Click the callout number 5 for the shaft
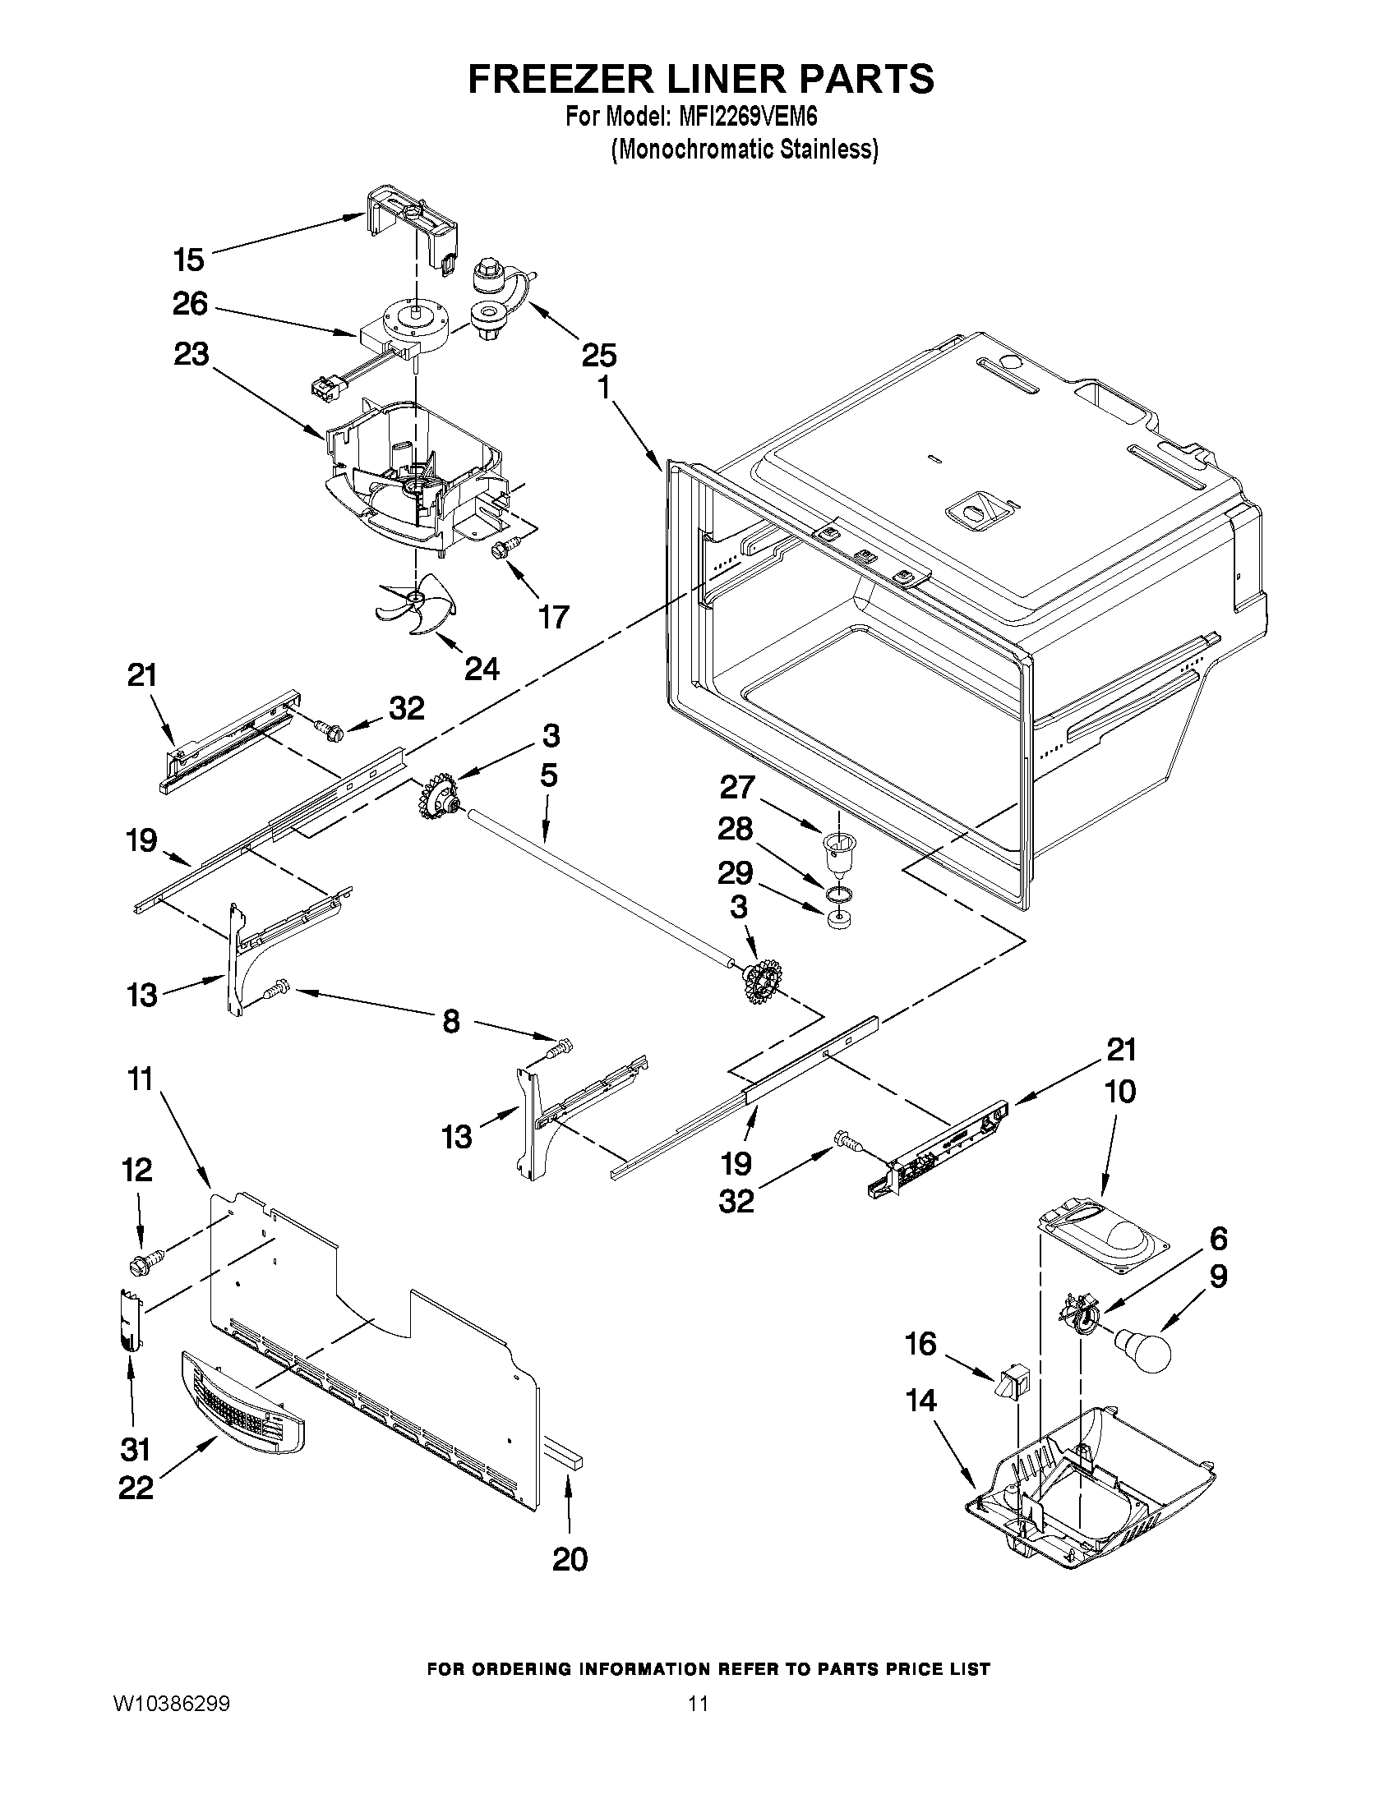coord(548,775)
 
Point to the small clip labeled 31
coord(128,1318)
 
